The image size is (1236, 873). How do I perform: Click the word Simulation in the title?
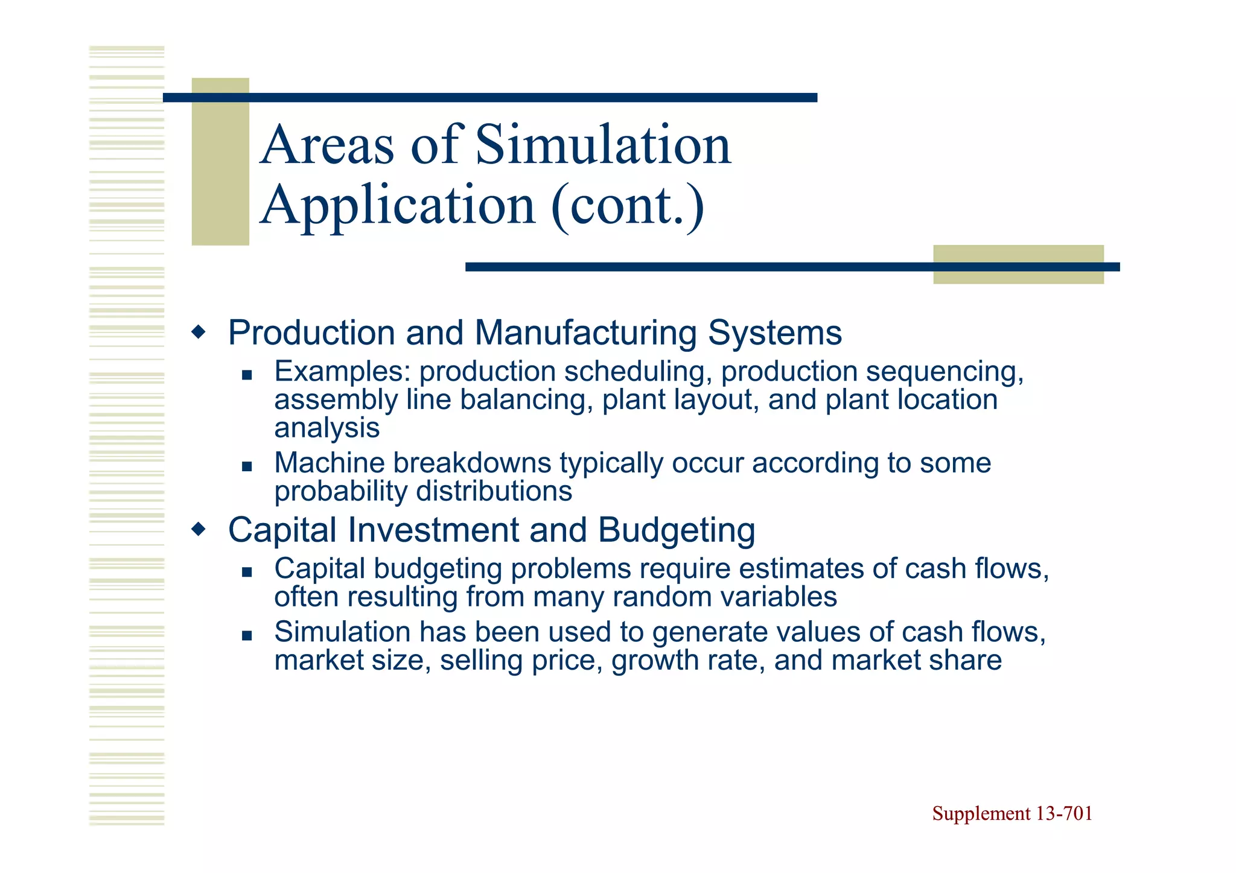point(603,145)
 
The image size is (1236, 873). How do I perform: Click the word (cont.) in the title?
point(628,206)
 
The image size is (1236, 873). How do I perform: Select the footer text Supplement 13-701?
point(1012,813)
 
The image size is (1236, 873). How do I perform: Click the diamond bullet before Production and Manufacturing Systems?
point(199,332)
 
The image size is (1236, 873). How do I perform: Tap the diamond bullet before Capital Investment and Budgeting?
point(199,530)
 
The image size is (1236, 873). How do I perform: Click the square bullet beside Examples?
point(246,375)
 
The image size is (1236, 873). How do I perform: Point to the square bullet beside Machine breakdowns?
point(246,466)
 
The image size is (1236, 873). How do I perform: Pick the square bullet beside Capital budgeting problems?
point(246,572)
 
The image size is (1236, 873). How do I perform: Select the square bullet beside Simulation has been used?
point(246,635)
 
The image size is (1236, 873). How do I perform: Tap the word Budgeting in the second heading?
point(677,531)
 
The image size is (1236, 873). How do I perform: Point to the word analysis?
point(327,428)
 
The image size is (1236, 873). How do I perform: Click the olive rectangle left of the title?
point(220,162)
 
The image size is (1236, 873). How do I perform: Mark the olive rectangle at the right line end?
point(1018,264)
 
